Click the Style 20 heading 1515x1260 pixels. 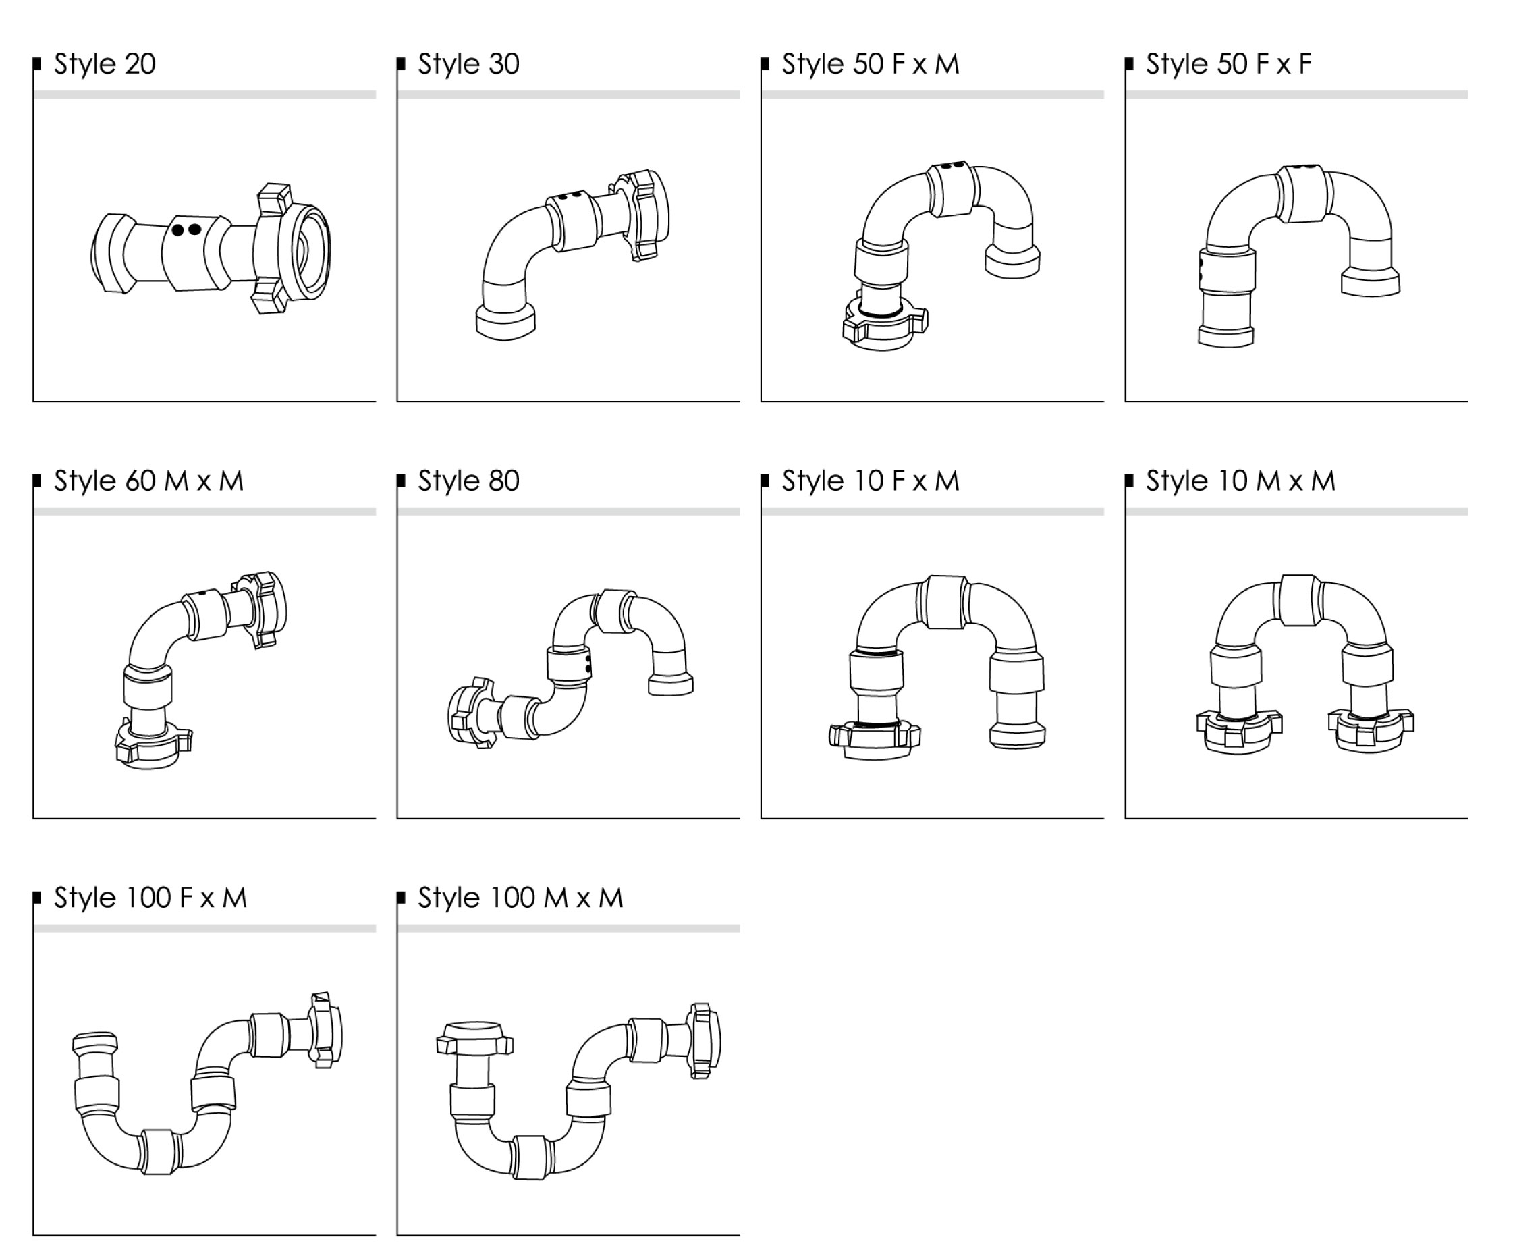(105, 64)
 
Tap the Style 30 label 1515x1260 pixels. (469, 64)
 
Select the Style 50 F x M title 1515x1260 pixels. (871, 64)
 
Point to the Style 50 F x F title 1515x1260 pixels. (1229, 64)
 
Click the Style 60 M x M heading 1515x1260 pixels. (148, 481)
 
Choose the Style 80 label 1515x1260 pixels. (469, 481)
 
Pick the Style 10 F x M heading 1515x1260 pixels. (871, 481)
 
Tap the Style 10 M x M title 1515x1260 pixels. (1241, 481)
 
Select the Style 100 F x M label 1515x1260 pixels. (150, 898)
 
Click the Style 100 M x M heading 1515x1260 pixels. (520, 898)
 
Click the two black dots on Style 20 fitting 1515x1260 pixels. (186, 230)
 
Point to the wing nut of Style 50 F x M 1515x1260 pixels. (885, 323)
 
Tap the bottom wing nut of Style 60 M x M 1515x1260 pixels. (154, 743)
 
